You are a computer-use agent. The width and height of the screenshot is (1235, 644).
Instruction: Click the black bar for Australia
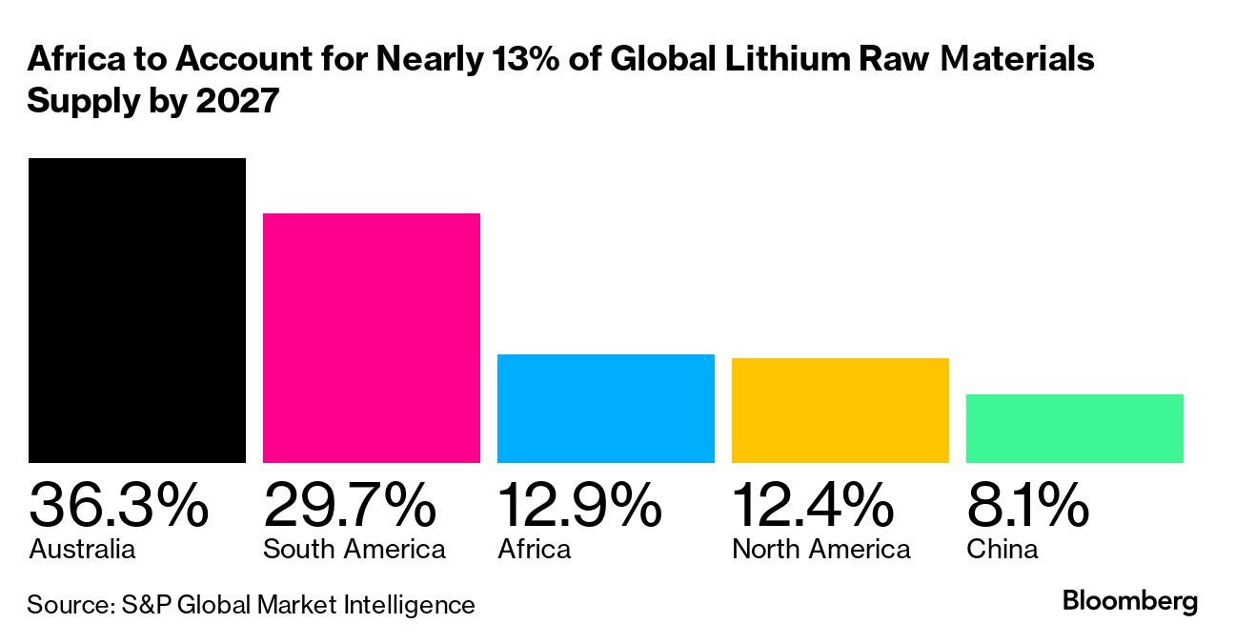(x=137, y=311)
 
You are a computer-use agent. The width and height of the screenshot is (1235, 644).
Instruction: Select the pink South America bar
(x=372, y=338)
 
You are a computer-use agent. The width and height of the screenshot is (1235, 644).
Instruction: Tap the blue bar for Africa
(x=606, y=409)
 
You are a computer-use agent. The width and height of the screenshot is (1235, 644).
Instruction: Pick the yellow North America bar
(x=840, y=411)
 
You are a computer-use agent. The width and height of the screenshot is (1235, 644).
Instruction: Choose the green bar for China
(x=1075, y=429)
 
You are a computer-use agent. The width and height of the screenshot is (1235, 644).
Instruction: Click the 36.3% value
(x=118, y=505)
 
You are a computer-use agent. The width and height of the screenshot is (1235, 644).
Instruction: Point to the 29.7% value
(x=350, y=505)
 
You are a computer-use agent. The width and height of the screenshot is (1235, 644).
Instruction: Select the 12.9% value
(x=579, y=505)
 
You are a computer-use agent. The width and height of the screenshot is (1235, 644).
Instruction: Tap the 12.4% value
(x=813, y=505)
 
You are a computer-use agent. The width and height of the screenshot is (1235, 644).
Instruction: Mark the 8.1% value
(x=1027, y=505)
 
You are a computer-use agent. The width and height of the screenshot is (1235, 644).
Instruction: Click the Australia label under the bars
(x=82, y=550)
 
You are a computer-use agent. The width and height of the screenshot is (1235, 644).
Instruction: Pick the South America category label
(x=354, y=550)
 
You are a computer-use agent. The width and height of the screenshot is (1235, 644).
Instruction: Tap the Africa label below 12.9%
(x=535, y=550)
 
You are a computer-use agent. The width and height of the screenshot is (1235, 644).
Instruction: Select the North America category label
(x=821, y=550)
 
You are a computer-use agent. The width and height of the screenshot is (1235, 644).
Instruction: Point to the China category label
(x=1002, y=550)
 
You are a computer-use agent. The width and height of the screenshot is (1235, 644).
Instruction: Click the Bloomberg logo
(x=1130, y=601)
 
